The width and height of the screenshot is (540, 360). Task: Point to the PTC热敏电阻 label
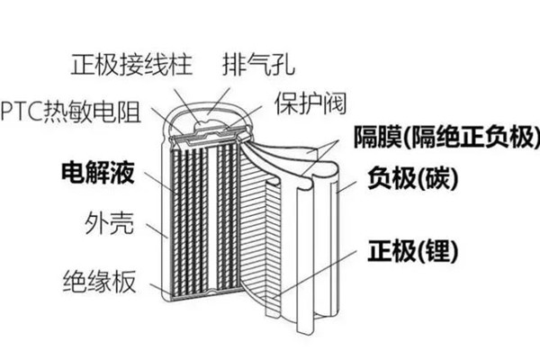coord(72,112)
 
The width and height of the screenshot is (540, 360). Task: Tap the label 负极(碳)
coord(411,178)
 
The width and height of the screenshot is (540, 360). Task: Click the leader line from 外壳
coord(153,230)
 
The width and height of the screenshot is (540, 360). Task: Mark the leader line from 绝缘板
coord(153,287)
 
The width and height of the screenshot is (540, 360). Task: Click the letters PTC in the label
coord(19,112)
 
